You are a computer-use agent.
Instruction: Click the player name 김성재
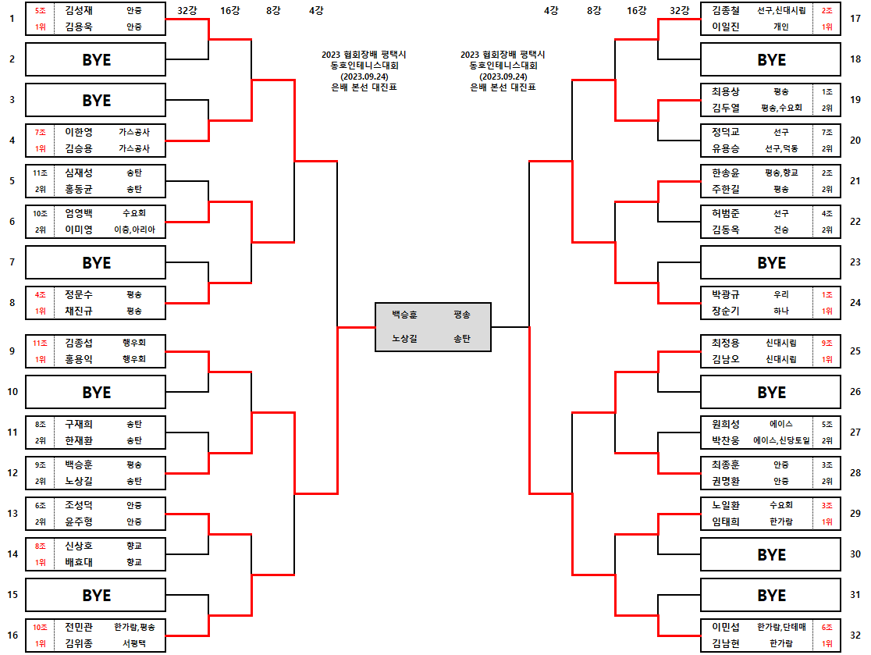tap(79, 11)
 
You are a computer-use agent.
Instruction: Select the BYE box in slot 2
tap(96, 59)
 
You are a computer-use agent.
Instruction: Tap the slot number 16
tap(12, 635)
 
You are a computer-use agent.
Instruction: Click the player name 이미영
tap(79, 230)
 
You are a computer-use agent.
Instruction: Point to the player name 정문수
tap(79, 295)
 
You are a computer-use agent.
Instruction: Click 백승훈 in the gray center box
tap(404, 315)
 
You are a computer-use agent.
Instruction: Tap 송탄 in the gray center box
tap(461, 339)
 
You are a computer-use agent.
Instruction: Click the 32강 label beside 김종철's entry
tap(679, 11)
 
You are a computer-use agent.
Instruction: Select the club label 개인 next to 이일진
tap(780, 27)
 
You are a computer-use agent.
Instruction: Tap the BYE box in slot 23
tap(771, 262)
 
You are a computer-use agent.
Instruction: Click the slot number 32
tap(855, 635)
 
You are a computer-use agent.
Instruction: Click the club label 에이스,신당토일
tap(781, 440)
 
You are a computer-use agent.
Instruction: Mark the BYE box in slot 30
tap(771, 554)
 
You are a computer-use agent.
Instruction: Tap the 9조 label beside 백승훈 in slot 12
tap(40, 465)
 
